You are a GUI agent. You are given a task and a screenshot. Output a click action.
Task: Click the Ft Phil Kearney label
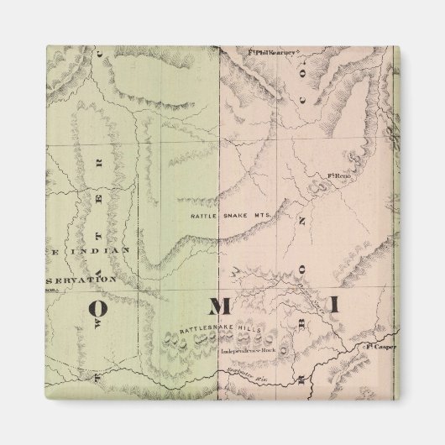coord(275,51)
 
